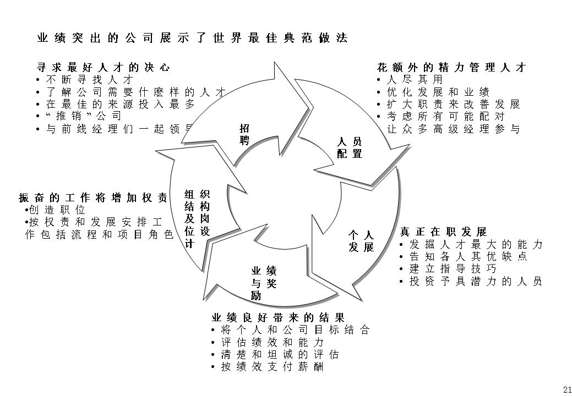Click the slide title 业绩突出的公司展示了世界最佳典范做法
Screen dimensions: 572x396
pyautogui.click(x=192, y=38)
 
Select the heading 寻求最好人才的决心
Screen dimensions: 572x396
pyautogui.click(x=103, y=68)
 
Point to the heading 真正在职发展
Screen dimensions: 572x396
pyautogui.click(x=443, y=232)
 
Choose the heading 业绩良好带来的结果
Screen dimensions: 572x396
pyautogui.click(x=278, y=318)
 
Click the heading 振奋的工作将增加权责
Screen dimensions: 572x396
pyautogui.click(x=93, y=198)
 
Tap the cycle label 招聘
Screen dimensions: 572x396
pyautogui.click(x=244, y=134)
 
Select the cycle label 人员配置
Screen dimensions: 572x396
pyautogui.click(x=350, y=148)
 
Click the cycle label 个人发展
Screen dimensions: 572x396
pyautogui.click(x=361, y=241)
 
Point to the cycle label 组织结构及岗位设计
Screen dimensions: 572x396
pyautogui.click(x=197, y=218)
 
